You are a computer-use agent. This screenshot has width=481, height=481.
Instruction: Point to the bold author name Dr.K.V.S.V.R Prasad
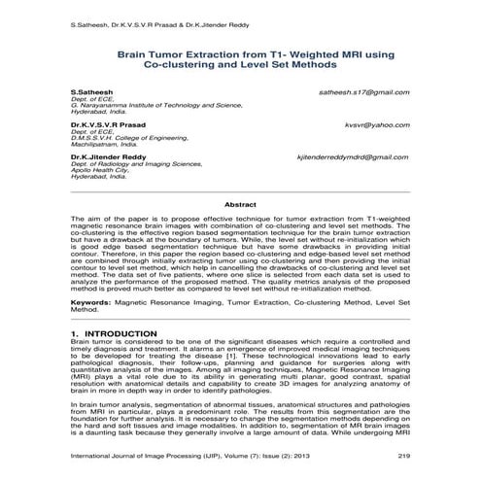pyautogui.click(x=106, y=125)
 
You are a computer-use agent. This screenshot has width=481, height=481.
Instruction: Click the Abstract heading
pyautogui.click(x=240, y=205)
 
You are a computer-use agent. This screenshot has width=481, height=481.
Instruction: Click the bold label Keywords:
pyautogui.click(x=90, y=302)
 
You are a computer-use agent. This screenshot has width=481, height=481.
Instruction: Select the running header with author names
pyautogui.click(x=150, y=21)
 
